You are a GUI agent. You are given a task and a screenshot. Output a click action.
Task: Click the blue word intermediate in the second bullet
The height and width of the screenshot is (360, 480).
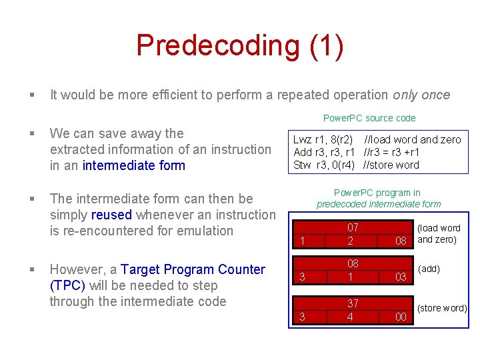[117, 165]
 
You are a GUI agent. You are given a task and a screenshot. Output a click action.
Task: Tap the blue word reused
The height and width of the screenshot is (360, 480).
[111, 215]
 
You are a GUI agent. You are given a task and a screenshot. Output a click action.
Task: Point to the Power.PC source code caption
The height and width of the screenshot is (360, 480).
[369, 118]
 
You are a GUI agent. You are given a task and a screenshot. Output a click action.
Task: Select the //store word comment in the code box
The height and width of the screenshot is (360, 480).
[391, 165]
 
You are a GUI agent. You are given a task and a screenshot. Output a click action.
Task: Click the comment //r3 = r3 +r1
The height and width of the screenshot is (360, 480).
[392, 152]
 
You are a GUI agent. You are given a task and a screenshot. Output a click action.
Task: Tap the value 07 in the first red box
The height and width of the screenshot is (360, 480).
[353, 228]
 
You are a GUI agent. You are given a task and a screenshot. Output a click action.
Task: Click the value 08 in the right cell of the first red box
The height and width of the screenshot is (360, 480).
[401, 240]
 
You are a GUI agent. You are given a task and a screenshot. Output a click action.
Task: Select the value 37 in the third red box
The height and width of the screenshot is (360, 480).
[353, 303]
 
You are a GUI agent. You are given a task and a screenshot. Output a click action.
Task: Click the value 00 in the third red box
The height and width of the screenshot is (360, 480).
[401, 317]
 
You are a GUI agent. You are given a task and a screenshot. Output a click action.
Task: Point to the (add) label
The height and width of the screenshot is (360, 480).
[429, 269]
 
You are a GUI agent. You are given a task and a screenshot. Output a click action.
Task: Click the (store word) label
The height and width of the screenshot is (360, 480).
[442, 308]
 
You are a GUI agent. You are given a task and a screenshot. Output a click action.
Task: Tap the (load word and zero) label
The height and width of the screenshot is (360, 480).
[438, 233]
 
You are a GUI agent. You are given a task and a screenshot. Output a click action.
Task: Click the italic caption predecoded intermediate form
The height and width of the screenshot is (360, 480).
[378, 204]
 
